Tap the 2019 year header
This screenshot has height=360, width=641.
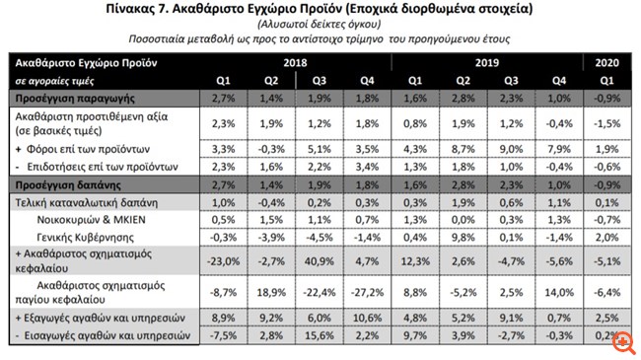tap(485, 63)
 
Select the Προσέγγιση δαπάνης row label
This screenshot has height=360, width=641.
tap(61, 184)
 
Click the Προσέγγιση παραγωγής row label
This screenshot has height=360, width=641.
tap(67, 100)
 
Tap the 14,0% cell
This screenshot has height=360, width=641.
tap(563, 293)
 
